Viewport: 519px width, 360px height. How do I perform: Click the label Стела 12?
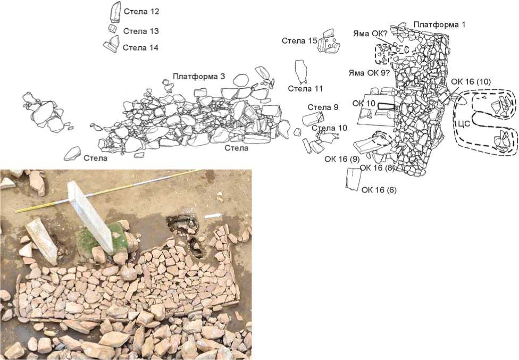[x=141, y=12]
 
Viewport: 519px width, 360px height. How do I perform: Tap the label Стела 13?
[x=141, y=31]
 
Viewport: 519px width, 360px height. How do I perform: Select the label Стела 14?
[x=140, y=48]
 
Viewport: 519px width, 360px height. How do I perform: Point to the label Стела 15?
[x=299, y=41]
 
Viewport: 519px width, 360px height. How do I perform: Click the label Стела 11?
[x=305, y=89]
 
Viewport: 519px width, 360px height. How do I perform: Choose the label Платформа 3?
[x=199, y=77]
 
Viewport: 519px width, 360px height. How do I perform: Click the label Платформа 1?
[x=440, y=24]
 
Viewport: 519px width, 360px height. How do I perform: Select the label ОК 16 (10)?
[x=471, y=81]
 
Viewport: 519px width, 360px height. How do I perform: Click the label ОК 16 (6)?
[x=379, y=190]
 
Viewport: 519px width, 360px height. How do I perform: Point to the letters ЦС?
[x=464, y=124]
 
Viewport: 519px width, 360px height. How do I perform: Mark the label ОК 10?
[x=364, y=104]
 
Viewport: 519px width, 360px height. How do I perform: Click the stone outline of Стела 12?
[x=115, y=12]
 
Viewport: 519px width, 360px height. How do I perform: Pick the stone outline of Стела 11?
[x=300, y=71]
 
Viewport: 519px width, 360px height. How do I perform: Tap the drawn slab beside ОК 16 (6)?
[x=353, y=179]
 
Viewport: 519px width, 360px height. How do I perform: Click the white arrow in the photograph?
[x=213, y=216]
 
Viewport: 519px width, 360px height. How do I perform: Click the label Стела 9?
[x=323, y=107]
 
